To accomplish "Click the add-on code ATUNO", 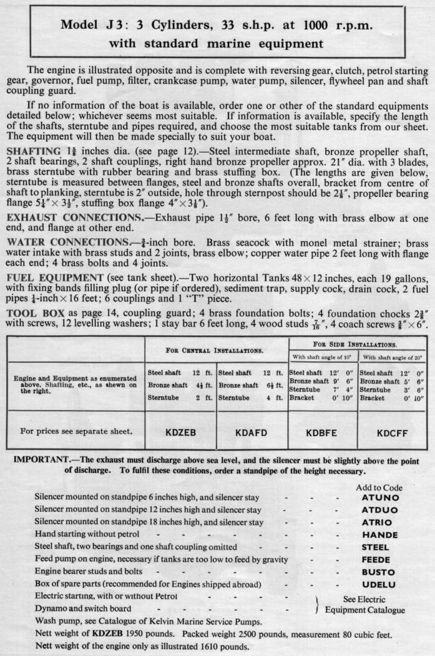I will coord(379,499).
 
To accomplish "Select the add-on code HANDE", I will coord(379,535).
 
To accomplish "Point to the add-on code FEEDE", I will coord(379,559).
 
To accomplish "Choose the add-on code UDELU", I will coord(379,584).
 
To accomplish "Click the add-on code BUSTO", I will coord(379,572).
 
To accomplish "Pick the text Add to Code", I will coord(379,487).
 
